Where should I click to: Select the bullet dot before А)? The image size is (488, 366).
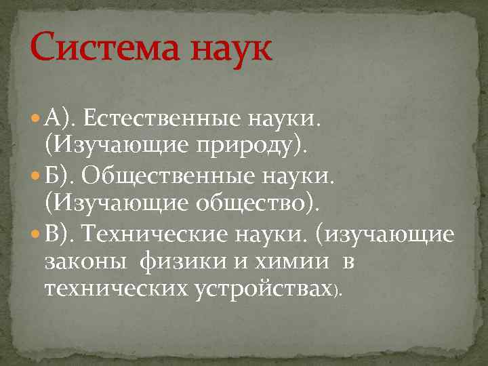(35, 120)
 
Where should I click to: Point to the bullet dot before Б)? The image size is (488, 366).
(35, 177)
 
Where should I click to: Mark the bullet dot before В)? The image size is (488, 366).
(35, 234)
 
